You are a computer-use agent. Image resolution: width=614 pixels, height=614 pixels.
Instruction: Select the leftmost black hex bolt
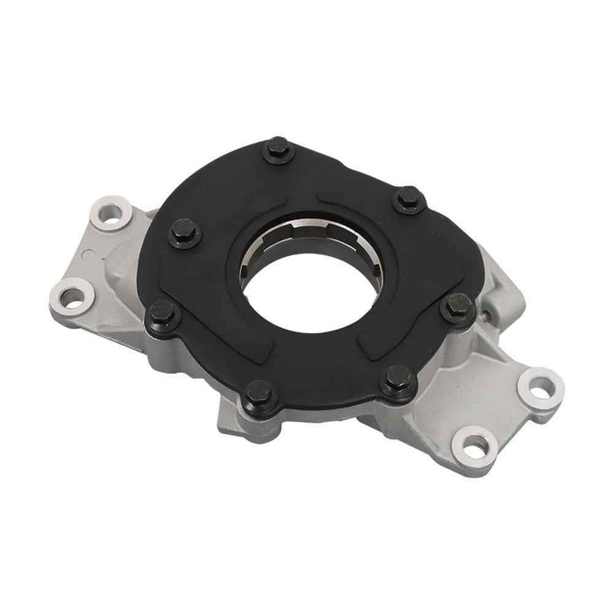tap(163, 313)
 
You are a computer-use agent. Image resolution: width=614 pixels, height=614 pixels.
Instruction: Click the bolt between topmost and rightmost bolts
tap(410, 202)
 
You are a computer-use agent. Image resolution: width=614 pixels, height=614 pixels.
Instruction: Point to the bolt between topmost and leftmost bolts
tap(185, 233)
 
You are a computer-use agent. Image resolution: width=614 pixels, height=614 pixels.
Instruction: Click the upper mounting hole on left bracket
tap(111, 213)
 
